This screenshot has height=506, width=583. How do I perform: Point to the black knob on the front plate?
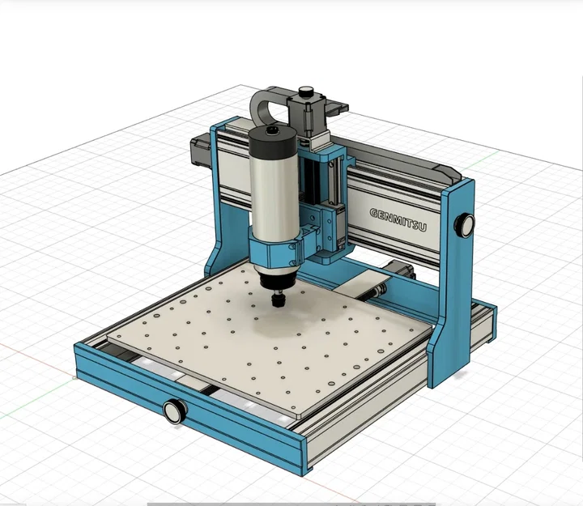point(173,410)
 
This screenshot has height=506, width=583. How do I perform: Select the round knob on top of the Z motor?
point(307,92)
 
